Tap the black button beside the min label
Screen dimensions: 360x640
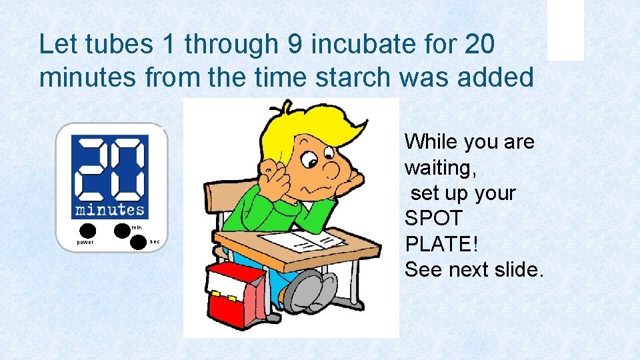tap(121, 231)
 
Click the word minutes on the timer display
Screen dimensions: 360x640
tap(110, 209)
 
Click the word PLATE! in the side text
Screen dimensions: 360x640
tap(441, 244)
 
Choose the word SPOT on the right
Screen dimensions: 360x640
tap(434, 219)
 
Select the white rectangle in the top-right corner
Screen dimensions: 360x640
tap(565, 29)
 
